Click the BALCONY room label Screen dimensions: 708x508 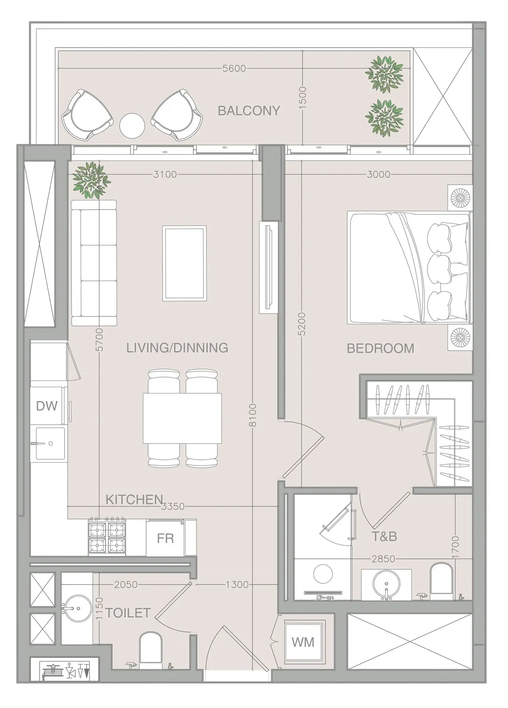[249, 111]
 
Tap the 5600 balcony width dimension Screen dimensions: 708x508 [234, 69]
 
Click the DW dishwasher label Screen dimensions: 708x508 [47, 406]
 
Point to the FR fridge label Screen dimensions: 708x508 [165, 538]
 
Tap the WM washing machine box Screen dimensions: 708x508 [303, 642]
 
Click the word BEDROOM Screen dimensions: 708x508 [380, 348]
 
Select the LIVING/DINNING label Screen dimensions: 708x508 [177, 348]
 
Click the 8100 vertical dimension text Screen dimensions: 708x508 [253, 415]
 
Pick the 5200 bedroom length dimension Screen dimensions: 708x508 [302, 324]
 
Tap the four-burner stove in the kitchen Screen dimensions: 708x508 [107, 537]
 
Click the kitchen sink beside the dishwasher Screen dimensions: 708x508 [51, 443]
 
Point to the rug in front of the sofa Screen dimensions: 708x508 [184, 263]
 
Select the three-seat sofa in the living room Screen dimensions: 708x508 [94, 263]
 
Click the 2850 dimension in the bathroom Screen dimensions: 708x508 [383, 559]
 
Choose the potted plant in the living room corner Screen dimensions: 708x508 [91, 180]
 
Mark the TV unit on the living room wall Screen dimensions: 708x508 [268, 267]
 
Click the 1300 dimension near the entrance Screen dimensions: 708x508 [237, 584]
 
